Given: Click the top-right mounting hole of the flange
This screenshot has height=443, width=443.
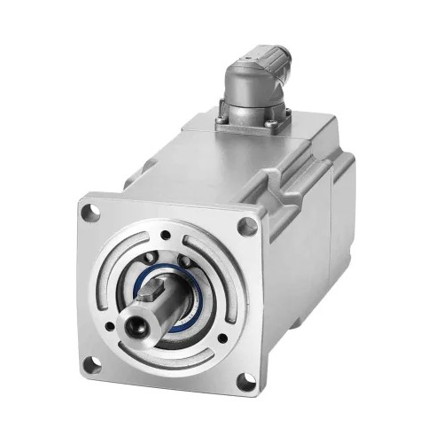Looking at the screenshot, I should (x=247, y=227).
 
